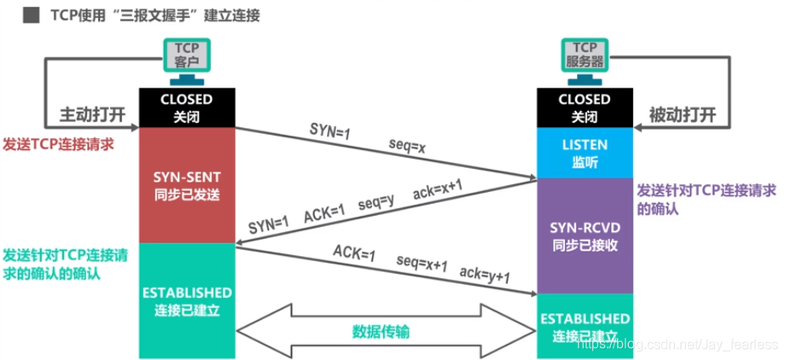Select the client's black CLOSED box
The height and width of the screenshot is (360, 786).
pyautogui.click(x=186, y=107)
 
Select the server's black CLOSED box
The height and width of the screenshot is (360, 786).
pyautogui.click(x=584, y=107)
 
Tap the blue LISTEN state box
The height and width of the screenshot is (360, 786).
pyautogui.click(x=584, y=153)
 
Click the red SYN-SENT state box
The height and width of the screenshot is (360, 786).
pyautogui.click(x=186, y=185)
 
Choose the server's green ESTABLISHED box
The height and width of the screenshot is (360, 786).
pyautogui.click(x=584, y=326)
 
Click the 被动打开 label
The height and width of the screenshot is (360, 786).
pyautogui.click(x=680, y=114)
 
